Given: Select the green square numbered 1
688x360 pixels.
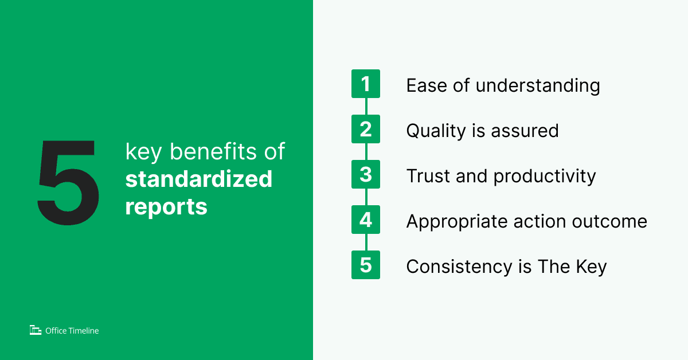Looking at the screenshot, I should tap(366, 84).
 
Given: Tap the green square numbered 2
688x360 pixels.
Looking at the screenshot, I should tap(366, 130).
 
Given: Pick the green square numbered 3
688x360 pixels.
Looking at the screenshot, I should tap(366, 175).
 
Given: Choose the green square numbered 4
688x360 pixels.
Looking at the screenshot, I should tap(366, 220).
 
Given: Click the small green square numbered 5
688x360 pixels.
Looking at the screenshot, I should tap(366, 265).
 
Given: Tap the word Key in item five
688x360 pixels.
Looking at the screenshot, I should tap(592, 267).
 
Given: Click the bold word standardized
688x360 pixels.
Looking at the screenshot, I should tap(199, 179).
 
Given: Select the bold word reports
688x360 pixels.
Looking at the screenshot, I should tap(166, 206).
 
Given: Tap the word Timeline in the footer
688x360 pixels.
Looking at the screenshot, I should tap(83, 330).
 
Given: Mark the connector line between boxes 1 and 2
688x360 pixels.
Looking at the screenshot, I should tap(366, 107).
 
